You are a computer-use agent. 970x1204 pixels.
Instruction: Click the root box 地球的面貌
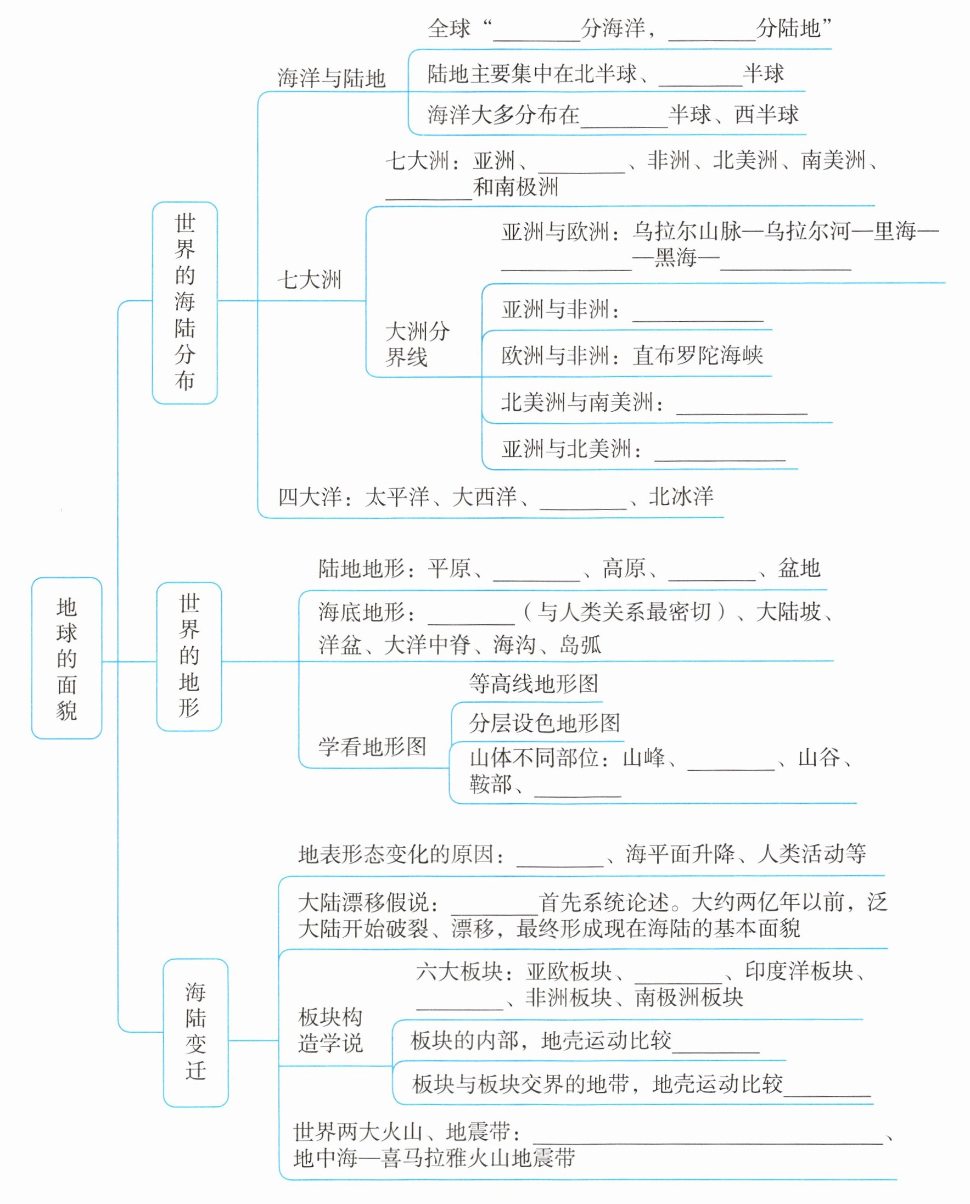(66, 658)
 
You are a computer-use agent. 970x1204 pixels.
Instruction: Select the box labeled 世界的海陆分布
(184, 303)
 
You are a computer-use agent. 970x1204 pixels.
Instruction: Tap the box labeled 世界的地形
(189, 656)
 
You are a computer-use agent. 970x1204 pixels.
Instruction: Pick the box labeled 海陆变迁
(195, 1032)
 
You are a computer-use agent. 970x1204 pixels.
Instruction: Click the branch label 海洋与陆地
(332, 78)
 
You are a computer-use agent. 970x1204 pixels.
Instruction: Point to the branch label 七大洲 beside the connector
(309, 280)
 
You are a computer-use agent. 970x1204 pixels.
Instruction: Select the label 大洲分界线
(417, 344)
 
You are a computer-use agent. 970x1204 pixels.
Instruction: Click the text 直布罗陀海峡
(697, 355)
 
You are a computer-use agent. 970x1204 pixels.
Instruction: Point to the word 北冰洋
(681, 496)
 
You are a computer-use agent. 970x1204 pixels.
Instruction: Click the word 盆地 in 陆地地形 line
(799, 568)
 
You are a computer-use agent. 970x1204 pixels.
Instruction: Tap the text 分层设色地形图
(544, 723)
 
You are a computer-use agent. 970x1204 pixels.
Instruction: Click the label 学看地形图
(372, 747)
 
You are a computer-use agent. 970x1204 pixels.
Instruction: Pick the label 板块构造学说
(331, 1031)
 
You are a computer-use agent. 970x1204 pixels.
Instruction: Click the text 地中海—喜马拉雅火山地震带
(434, 1158)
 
